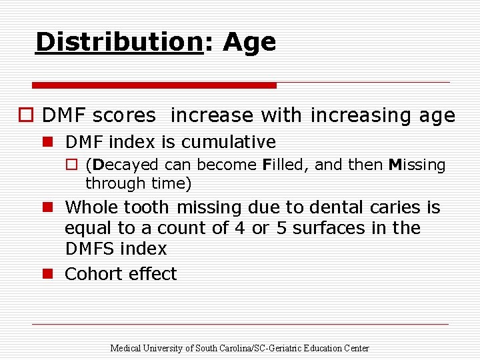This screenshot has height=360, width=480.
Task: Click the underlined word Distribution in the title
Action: point(119,42)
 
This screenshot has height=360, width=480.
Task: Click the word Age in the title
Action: point(249,42)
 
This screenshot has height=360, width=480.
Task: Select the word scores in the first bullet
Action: point(124,115)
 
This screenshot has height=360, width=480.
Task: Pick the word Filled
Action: point(285,165)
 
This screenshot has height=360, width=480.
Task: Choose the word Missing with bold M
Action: point(417,165)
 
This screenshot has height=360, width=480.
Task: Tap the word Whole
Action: point(91,207)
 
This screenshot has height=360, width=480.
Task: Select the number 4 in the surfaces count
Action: point(240,228)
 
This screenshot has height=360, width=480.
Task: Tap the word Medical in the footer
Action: point(124,348)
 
